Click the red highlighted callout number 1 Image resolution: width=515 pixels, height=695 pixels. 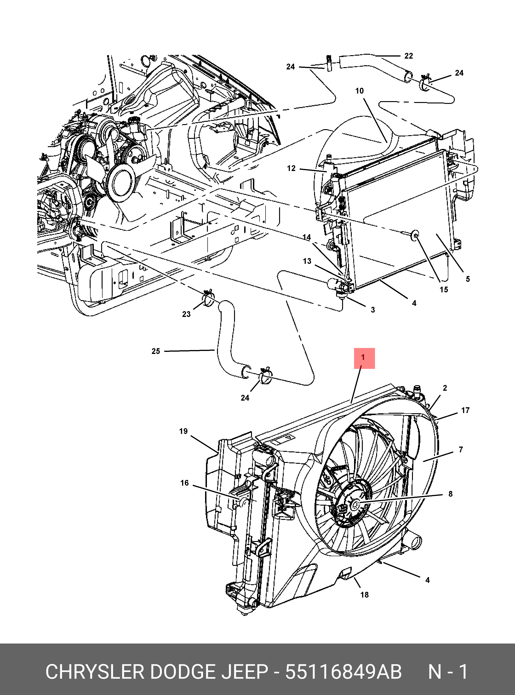(363, 357)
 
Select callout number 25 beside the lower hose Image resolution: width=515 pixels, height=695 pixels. (156, 351)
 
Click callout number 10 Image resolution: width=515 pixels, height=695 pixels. (359, 91)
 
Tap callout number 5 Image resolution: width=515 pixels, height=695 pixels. (468, 279)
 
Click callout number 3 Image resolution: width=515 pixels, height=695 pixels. (373, 310)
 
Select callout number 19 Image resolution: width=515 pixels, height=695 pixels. (183, 431)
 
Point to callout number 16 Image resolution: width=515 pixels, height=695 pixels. (185, 483)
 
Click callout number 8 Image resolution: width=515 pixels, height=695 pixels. (450, 494)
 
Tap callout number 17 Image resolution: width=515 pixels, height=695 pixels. (465, 410)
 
